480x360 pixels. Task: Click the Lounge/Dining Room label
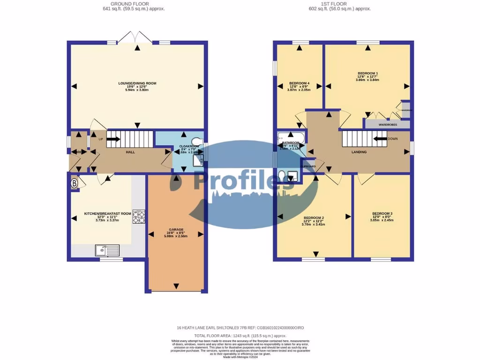click(x=137, y=83)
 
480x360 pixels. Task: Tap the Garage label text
click(x=176, y=230)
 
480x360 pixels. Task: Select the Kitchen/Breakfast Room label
click(x=107, y=214)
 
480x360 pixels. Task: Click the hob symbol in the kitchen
click(x=139, y=216)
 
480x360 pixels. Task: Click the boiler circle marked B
click(x=74, y=184)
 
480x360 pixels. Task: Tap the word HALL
click(x=130, y=152)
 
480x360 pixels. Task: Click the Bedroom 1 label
click(x=367, y=74)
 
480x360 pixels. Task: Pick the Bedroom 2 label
click(x=314, y=218)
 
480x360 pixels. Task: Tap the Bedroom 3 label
click(x=382, y=214)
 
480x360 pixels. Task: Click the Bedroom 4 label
click(x=299, y=83)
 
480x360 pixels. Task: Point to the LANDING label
click(x=359, y=152)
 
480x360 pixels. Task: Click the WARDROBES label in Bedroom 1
click(x=387, y=125)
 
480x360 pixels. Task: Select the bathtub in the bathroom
click(x=291, y=137)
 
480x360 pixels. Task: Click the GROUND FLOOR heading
click(x=120, y=4)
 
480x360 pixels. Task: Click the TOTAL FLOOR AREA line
click(x=240, y=336)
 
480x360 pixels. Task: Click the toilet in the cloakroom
click(x=197, y=141)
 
